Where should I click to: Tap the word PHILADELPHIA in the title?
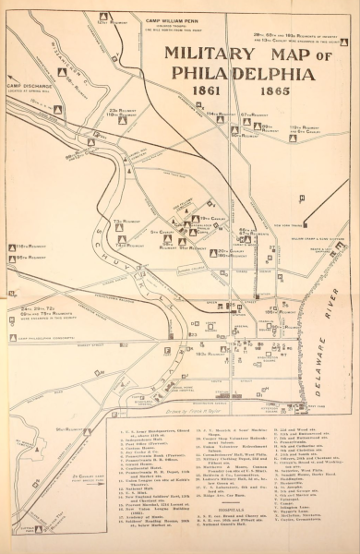[244, 75]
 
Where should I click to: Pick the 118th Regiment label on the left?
[29, 247]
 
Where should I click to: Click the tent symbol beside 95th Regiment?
[11, 259]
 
